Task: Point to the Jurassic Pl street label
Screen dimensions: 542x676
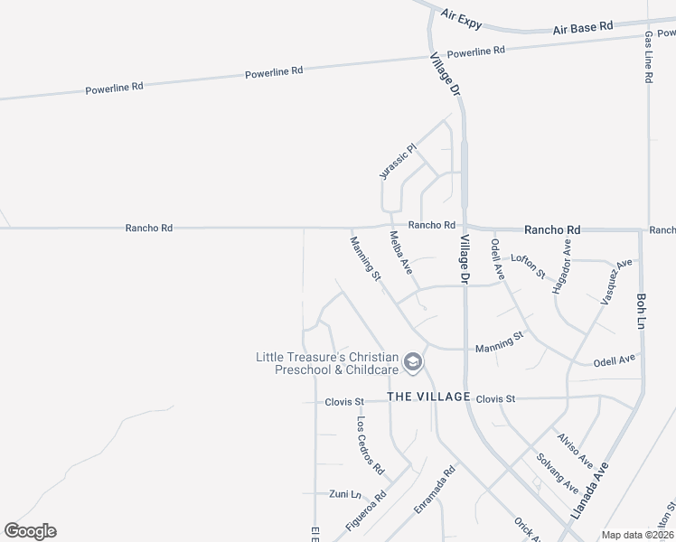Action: (x=397, y=161)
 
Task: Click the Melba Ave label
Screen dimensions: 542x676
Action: (x=400, y=253)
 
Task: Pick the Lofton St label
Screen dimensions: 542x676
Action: (x=528, y=265)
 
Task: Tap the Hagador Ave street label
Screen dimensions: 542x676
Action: (x=562, y=266)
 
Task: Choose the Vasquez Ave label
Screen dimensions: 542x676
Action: (x=614, y=281)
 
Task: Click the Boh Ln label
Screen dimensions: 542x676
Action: (x=642, y=309)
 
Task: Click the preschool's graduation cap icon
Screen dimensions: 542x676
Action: (x=413, y=362)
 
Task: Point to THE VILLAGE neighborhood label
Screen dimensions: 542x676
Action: (x=428, y=397)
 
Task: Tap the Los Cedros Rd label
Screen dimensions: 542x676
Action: (x=370, y=446)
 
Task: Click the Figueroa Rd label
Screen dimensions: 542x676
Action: (x=365, y=511)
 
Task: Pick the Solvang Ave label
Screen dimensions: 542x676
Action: (x=557, y=472)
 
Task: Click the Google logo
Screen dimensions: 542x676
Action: (x=31, y=531)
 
